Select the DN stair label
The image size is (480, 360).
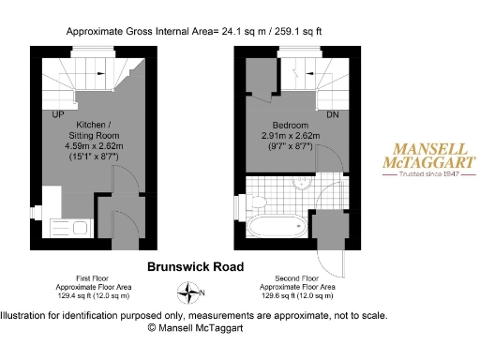click(x=331, y=114)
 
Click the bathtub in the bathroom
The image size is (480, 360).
click(x=274, y=226)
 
